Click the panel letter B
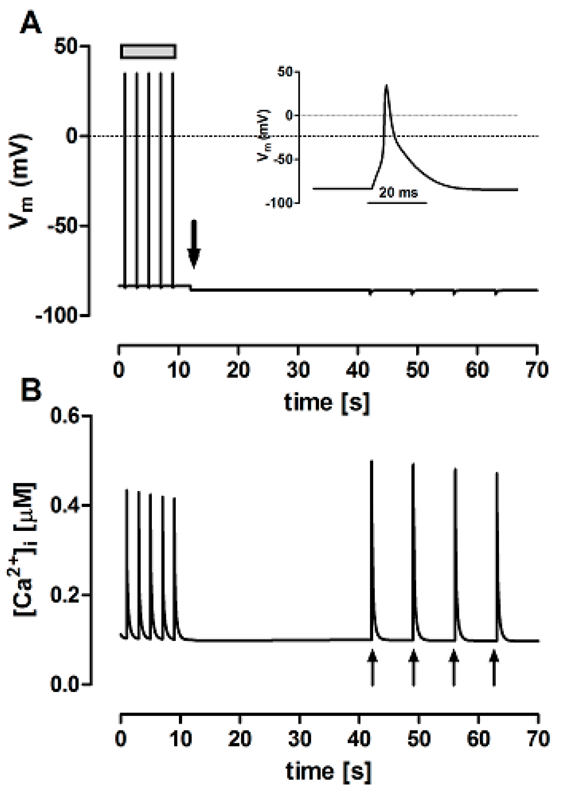click(31, 390)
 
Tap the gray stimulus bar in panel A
click(148, 51)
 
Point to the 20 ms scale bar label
click(398, 193)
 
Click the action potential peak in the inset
click(386, 86)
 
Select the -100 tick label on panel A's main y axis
click(57, 316)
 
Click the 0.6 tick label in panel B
click(64, 415)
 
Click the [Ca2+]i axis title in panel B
click(25, 549)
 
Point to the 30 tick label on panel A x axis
click(298, 370)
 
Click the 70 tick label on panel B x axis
click(538, 739)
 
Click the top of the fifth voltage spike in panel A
click(173, 73)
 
